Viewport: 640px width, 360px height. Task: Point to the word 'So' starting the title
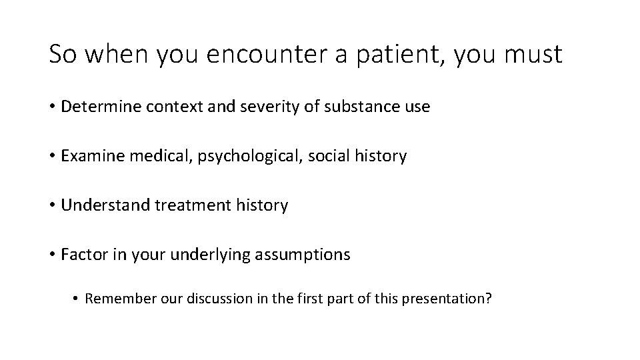click(x=61, y=55)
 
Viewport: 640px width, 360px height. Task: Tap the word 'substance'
click(x=350, y=107)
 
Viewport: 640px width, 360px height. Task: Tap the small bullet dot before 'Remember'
click(x=77, y=298)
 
